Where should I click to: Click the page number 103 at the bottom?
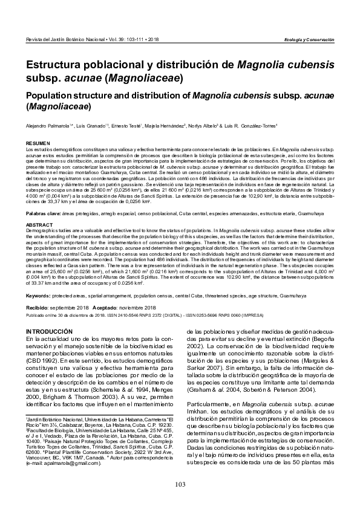click(180, 484)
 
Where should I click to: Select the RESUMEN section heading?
click(36, 143)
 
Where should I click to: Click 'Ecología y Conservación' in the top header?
click(309, 39)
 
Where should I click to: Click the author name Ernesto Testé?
click(120, 126)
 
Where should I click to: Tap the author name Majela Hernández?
click(160, 126)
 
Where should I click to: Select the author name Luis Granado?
click(81, 126)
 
